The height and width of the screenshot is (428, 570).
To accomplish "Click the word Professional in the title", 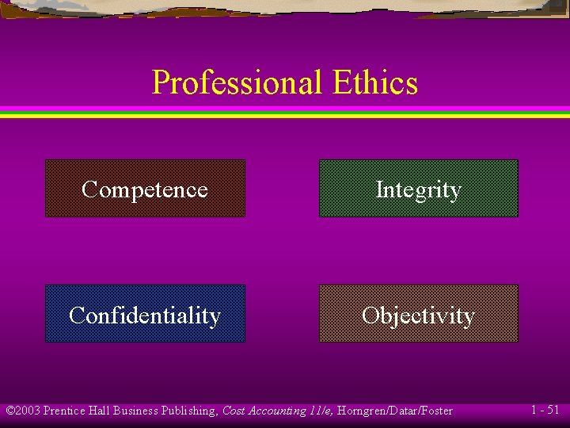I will pos(237,82).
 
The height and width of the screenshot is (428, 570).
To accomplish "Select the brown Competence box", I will pos(145,189).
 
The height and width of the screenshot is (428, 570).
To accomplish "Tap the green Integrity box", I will pos(418,189).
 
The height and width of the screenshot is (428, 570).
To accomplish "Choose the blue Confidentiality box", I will pos(145,315).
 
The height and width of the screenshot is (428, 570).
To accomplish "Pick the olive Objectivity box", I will pos(418,315).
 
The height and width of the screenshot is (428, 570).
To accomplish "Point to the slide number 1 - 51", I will pos(545,410).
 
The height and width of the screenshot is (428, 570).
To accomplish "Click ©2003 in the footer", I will pos(23,411).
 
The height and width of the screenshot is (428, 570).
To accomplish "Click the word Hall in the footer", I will pos(100,411).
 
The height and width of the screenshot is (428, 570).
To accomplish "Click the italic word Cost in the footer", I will pos(234,411).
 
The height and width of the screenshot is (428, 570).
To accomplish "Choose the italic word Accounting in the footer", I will pos(276,411).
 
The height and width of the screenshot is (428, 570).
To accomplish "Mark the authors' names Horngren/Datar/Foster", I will pos(395,411).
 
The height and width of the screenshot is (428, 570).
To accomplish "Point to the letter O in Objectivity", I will pos(370,315).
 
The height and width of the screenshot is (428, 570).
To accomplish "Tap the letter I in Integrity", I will pos(379,189).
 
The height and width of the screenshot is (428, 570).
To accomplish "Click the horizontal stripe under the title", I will pos(285,112).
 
